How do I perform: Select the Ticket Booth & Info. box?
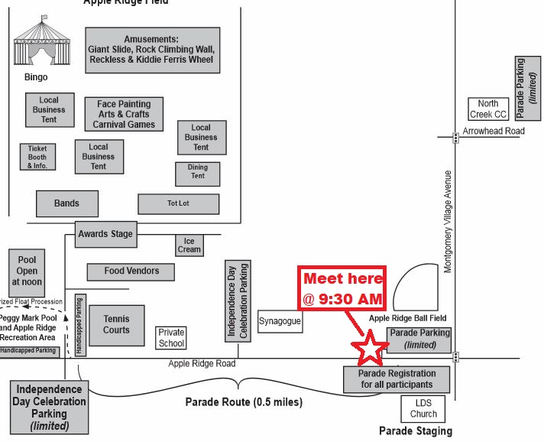pos(37,157)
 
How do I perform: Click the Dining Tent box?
pos(197,172)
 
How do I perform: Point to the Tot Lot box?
pos(178,203)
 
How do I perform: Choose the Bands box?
pos(67,203)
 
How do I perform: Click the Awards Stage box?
pos(105,234)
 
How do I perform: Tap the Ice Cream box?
pos(189,245)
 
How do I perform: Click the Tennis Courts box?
pos(116,325)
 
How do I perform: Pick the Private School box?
pos(171,337)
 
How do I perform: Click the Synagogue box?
pos(280,322)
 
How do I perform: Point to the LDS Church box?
pos(424,408)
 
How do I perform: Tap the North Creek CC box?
pos(488,109)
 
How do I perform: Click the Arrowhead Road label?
pos(494,132)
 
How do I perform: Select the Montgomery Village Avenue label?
pos(448,221)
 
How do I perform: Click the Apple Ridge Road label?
pos(202,364)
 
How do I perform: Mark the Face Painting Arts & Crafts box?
pos(124,114)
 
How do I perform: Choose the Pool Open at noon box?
pos(27,271)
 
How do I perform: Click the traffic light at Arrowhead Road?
pos(455,138)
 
